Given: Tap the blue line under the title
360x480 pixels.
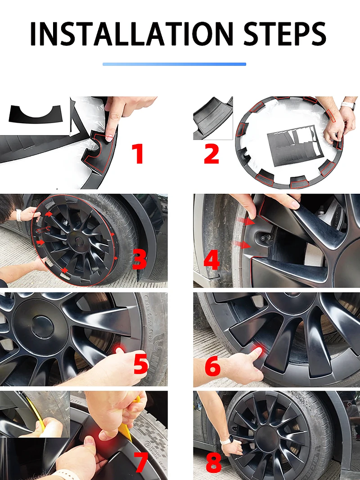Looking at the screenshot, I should [x=174, y=64].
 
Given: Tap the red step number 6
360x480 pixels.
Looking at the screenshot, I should [x=213, y=367].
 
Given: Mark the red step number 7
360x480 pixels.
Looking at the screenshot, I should [x=142, y=463].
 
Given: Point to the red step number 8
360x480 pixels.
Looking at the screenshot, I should [x=213, y=462].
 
